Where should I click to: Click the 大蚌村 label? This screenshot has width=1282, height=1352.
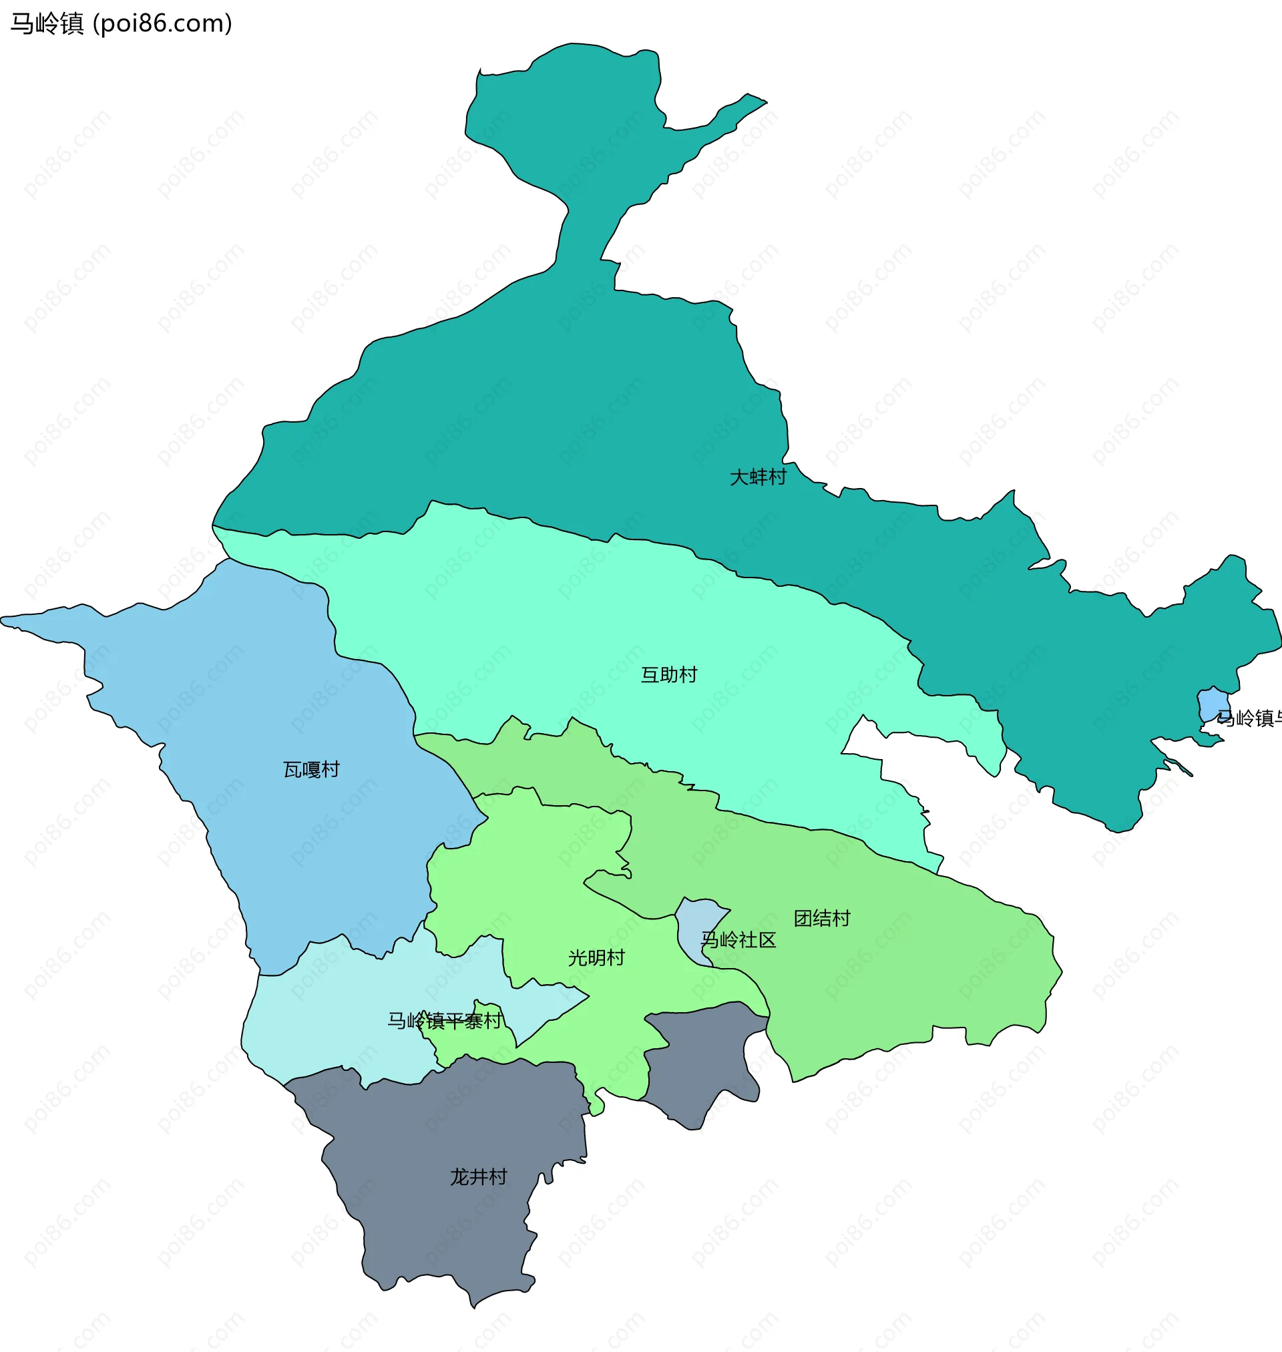coord(758,477)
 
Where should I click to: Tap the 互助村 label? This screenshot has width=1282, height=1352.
coord(668,675)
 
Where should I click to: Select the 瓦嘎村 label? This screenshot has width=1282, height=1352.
coord(311,770)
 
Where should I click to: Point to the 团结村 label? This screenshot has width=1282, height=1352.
coord(821,918)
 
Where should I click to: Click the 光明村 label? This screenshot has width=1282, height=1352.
coord(596,958)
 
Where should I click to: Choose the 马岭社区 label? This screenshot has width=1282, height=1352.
coord(738,940)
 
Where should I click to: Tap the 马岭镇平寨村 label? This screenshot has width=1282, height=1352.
coord(445,1021)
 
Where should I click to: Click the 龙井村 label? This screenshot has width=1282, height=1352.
coord(477,1176)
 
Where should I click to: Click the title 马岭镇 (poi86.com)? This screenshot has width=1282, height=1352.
coord(122,23)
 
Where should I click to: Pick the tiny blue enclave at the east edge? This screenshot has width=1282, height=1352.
coord(1213,704)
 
